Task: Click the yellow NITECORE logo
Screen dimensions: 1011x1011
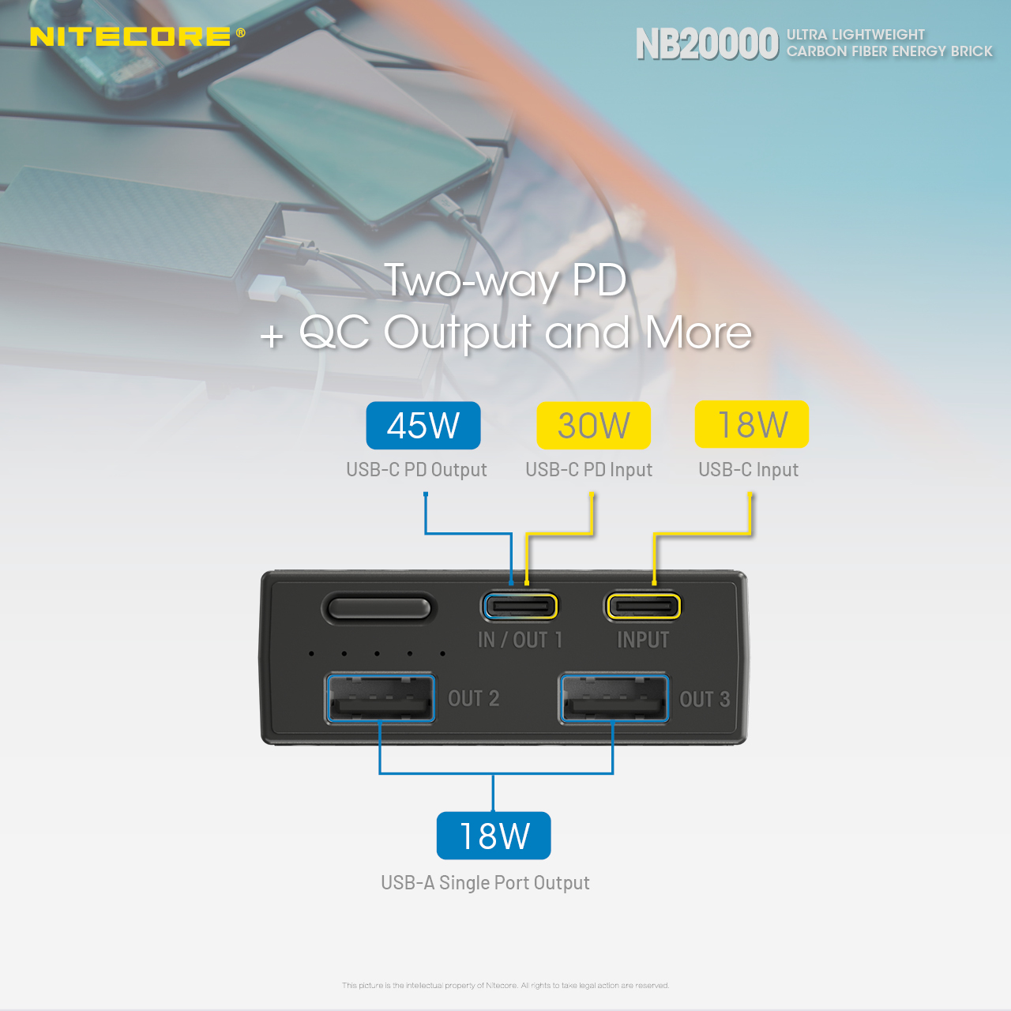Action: point(130,36)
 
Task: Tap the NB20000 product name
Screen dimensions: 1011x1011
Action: point(707,44)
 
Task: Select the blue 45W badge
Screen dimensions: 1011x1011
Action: point(423,425)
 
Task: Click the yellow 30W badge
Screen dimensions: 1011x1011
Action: point(593,425)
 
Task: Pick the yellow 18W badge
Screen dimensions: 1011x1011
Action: point(751,424)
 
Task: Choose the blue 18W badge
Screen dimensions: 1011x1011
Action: point(493,835)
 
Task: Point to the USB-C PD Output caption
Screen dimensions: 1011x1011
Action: point(416,469)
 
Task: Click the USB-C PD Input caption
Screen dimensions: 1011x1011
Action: point(588,469)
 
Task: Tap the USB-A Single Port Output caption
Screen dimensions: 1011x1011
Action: point(485,882)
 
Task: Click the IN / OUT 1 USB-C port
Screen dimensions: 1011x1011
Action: point(520,607)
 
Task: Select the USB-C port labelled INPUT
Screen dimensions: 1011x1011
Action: point(643,607)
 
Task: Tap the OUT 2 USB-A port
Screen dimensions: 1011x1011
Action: point(381,698)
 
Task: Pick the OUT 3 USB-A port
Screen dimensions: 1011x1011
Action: point(614,698)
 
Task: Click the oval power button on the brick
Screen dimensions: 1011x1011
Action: point(379,609)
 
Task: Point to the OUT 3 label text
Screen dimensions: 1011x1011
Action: point(705,699)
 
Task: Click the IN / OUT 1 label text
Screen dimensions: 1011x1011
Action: point(520,640)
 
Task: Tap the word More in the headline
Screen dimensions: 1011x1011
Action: point(698,333)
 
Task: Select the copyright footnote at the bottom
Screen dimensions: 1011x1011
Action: point(505,985)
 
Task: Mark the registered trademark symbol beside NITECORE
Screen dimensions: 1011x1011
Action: point(240,32)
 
